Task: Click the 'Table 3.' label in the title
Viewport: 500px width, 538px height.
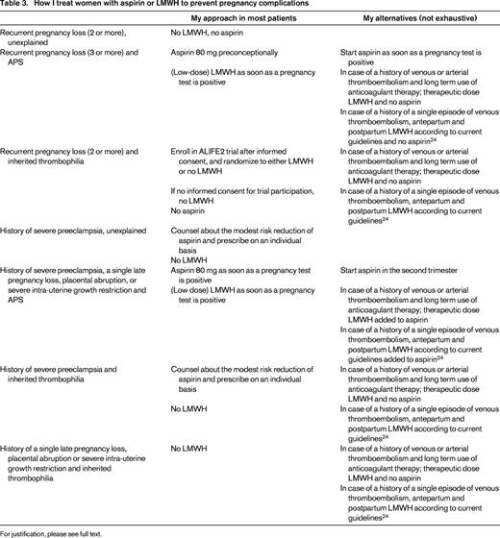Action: (x=17, y=6)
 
